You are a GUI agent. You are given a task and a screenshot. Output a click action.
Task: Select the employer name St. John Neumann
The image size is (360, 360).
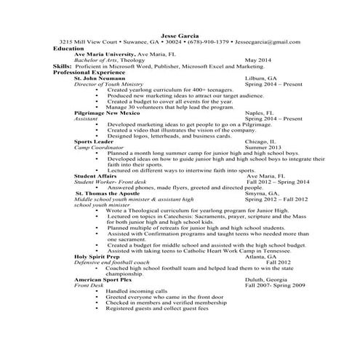pos(103,77)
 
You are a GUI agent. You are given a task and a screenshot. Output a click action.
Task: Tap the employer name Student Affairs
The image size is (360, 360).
pos(99,175)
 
